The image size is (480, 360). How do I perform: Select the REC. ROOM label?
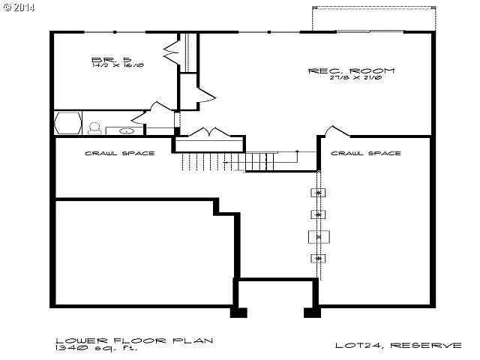[x=350, y=71]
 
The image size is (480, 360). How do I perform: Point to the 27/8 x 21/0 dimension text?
[x=351, y=79]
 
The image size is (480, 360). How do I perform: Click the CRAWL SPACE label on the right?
[x=365, y=153]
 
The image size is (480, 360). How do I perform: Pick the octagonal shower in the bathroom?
[x=67, y=123]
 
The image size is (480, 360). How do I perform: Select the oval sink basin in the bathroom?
[x=126, y=130]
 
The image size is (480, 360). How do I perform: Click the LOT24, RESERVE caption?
[x=397, y=346]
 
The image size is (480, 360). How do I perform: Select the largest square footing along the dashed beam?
[x=319, y=237]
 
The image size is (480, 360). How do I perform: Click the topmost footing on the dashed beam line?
[x=319, y=193]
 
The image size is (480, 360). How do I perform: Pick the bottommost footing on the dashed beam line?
[x=319, y=259]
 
